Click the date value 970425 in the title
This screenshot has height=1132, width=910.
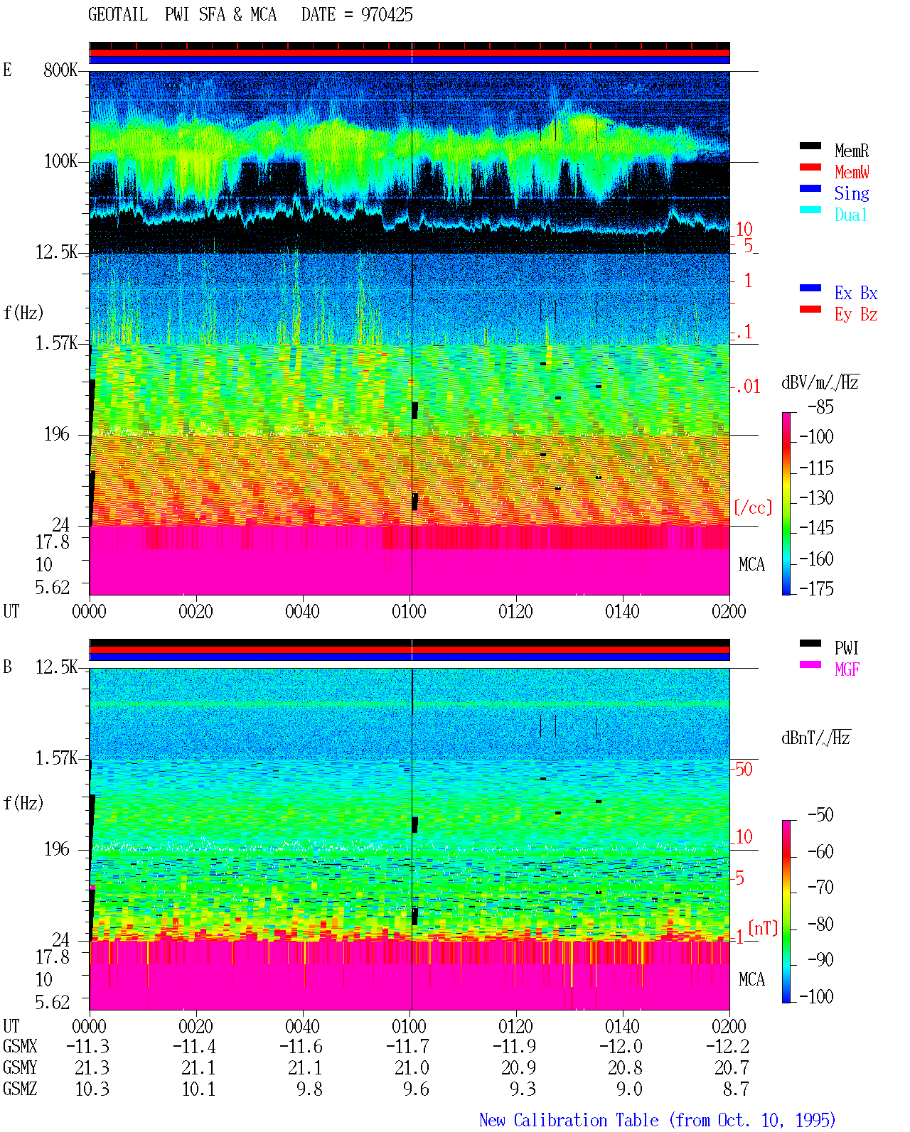(386, 15)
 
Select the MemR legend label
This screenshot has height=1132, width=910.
(851, 151)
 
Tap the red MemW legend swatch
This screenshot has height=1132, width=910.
(810, 167)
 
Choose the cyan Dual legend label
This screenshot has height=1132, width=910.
(850, 215)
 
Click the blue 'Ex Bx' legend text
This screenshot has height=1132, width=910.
(855, 293)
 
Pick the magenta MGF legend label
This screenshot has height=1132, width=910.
(847, 669)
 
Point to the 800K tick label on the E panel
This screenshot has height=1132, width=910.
(60, 70)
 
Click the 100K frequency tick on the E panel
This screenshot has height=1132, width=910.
(60, 161)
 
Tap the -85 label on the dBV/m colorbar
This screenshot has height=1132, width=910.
(820, 406)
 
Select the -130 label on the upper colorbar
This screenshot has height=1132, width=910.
(816, 497)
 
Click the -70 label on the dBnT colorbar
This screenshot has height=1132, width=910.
(820, 888)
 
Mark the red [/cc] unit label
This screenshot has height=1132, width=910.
(753, 507)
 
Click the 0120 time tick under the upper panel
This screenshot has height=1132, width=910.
(515, 611)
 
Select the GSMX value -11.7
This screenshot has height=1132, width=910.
(407, 1046)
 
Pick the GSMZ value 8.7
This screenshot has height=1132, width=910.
(735, 1089)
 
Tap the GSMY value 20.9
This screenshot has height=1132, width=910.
(518, 1067)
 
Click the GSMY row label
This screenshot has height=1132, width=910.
(20, 1067)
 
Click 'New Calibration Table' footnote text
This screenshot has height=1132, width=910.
(569, 1120)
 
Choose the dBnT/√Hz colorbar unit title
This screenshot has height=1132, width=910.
(815, 738)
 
